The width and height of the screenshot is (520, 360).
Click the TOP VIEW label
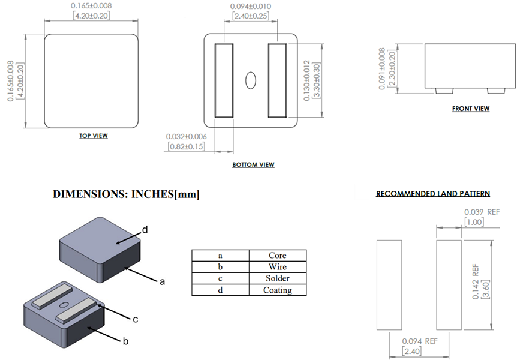coord(94,136)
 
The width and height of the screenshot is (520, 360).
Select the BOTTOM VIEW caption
coord(254,164)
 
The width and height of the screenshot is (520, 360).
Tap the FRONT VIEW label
coord(471,109)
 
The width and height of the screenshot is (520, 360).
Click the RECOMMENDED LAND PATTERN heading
coord(433,194)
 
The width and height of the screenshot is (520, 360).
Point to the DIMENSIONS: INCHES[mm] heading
coord(126,194)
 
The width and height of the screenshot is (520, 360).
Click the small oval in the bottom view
coord(251,80)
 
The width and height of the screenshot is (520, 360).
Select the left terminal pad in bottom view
coord(224,80)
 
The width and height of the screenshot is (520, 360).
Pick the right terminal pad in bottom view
coord(277,80)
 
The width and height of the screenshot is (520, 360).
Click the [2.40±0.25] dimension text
coord(250,15)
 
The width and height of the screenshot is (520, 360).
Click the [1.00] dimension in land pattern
coord(474,222)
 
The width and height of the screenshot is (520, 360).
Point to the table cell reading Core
coord(277,256)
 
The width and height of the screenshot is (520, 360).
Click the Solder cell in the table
coord(277,278)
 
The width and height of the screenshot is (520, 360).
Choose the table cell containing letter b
coord(220,267)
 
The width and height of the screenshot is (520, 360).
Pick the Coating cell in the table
coord(277,290)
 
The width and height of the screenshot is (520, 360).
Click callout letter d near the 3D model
coord(145,229)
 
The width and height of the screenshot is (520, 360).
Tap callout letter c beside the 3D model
coord(136,319)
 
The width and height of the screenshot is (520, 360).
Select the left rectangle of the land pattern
coord(389,284)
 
